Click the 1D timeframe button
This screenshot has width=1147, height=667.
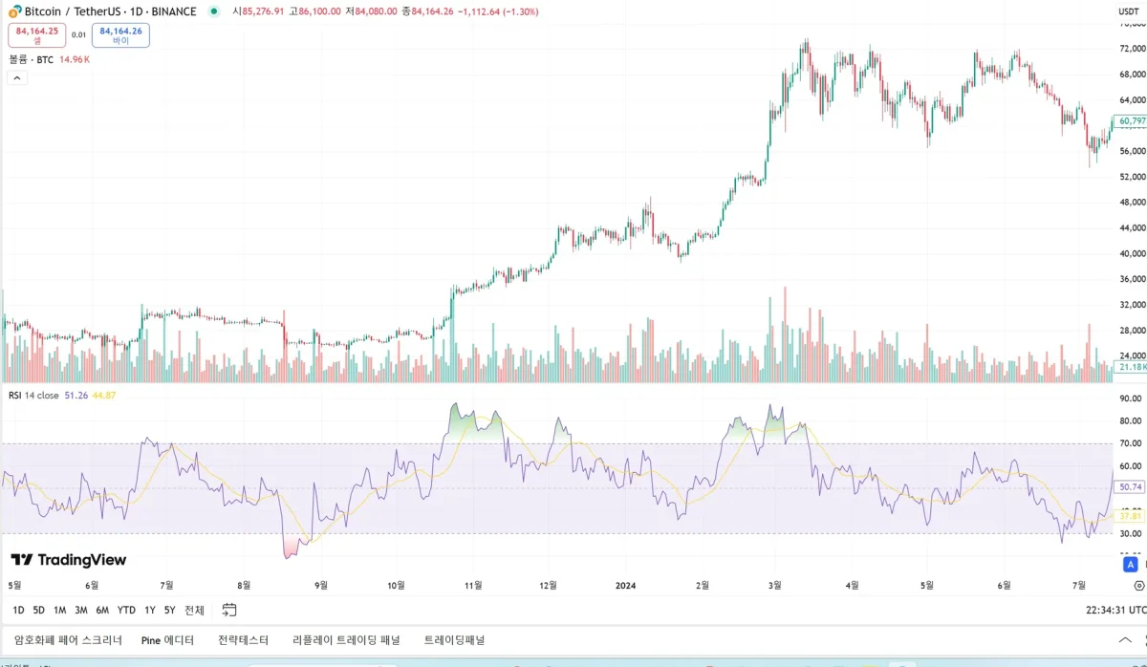click(x=18, y=610)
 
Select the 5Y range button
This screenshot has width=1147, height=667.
click(x=169, y=610)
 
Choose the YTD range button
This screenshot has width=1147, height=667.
click(x=126, y=610)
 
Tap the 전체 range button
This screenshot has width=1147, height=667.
click(x=194, y=610)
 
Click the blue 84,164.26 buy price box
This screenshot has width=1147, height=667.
click(x=120, y=35)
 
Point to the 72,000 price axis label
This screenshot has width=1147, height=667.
click(x=1132, y=49)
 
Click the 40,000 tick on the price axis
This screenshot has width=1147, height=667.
click(x=1132, y=254)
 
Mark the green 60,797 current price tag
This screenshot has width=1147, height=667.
click(x=1131, y=121)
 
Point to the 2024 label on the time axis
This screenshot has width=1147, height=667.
click(x=626, y=585)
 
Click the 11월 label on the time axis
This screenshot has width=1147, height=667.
click(x=472, y=585)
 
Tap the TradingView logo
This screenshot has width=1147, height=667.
click(x=69, y=560)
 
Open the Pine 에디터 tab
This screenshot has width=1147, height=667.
click(x=167, y=640)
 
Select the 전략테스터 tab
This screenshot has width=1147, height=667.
click(x=243, y=640)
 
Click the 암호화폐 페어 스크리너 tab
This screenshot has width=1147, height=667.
click(x=68, y=640)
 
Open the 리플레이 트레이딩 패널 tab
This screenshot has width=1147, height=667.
click(x=346, y=640)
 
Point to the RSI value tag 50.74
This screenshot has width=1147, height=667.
click(x=1131, y=487)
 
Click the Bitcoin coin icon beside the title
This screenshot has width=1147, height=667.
click(x=15, y=11)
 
